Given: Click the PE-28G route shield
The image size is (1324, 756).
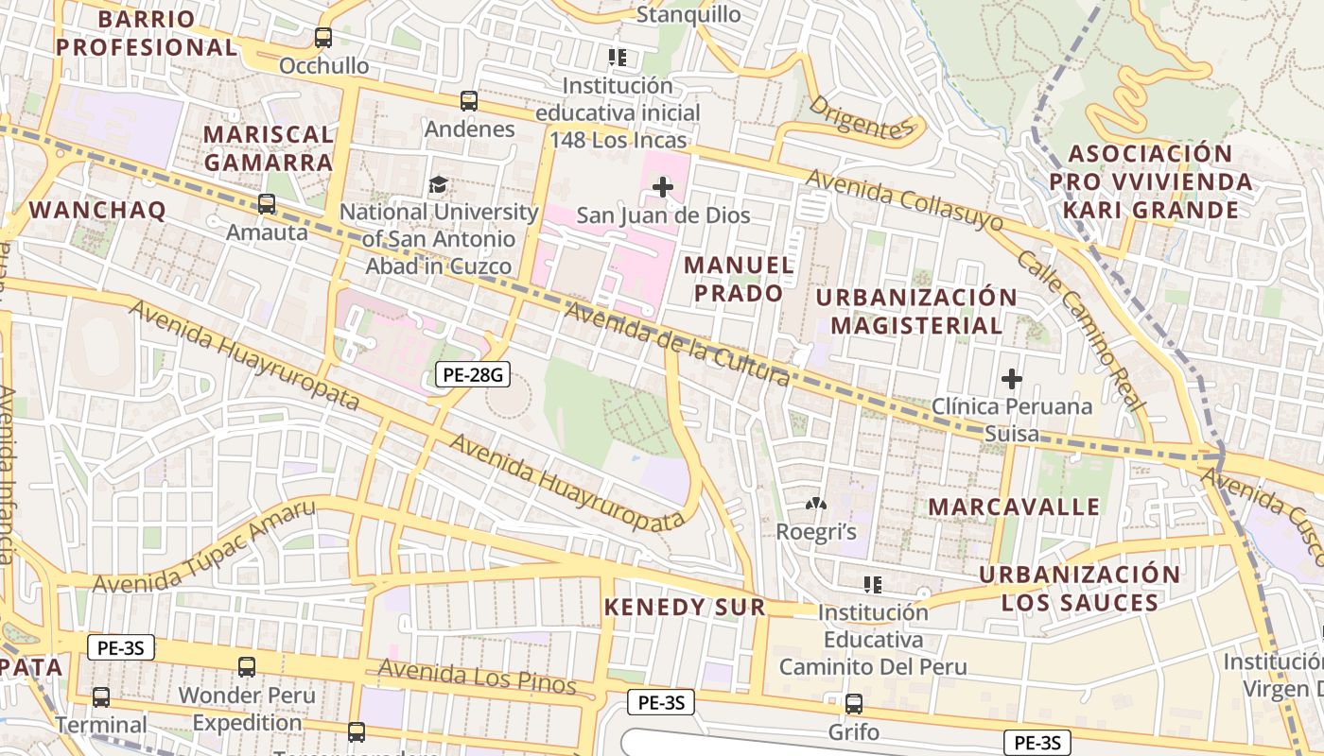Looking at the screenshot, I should tap(474, 375).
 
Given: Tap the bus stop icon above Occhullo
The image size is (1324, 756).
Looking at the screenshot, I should tap(323, 38).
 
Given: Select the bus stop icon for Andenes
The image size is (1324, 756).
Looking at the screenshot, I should tap(468, 101).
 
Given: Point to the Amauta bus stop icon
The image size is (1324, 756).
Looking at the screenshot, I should tap(267, 204).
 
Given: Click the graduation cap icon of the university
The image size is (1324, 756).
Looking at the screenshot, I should tap(438, 184).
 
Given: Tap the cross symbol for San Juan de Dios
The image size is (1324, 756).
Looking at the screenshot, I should tap(663, 187).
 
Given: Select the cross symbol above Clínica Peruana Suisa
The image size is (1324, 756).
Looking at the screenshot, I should tap(1011, 380).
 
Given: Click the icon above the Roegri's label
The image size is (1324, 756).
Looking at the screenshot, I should tap(815, 506).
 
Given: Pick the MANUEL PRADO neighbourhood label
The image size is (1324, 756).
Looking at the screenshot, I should tap(739, 279).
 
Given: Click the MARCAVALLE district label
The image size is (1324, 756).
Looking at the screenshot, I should tap(1014, 507).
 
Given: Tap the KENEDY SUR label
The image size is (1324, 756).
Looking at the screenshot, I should tap(685, 607).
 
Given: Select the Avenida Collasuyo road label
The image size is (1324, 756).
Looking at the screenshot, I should tap(904, 199).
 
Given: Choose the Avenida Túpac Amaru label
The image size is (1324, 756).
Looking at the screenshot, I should tap(203, 548).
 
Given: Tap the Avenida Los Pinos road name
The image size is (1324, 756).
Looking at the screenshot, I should tap(477, 677).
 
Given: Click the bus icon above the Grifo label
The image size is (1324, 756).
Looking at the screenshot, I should tap(854, 704).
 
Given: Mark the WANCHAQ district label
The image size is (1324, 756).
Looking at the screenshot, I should tap(97, 210).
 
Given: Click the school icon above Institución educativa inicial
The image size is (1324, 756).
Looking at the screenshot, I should tap(618, 58).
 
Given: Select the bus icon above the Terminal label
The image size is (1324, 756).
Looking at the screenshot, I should tap(101, 697).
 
